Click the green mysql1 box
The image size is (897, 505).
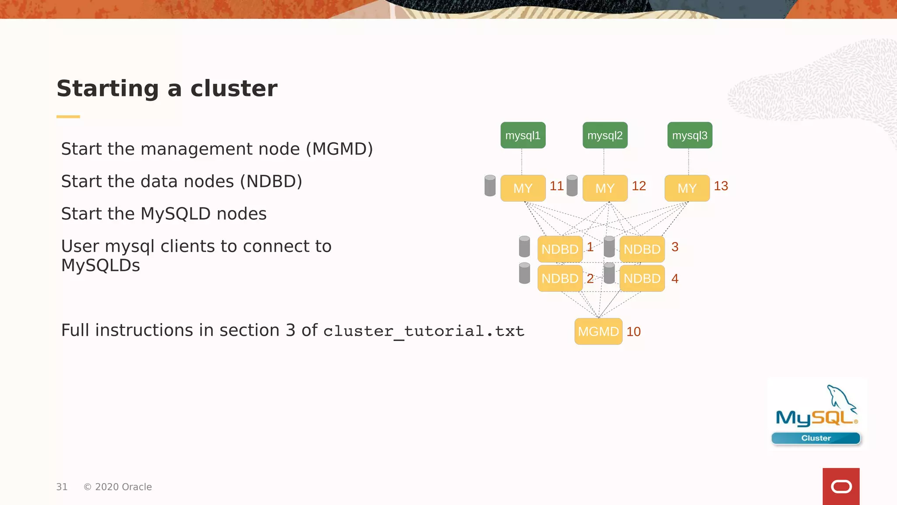coord(523,135)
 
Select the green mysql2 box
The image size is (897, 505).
coord(605,135)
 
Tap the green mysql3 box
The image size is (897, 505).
coord(690,135)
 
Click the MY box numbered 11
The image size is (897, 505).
coord(523,188)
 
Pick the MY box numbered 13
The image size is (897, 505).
coord(687,188)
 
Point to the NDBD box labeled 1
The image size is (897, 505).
coord(560,249)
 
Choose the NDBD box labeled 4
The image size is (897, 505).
coord(642,278)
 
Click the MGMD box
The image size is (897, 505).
coord(598,331)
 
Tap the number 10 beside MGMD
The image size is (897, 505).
coord(633,332)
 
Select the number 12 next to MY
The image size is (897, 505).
coord(639,186)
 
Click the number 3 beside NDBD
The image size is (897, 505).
coord(675,247)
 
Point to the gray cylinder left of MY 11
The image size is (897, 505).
coord(490,185)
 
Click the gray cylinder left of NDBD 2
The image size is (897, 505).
coord(524,273)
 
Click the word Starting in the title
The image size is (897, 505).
coord(108,89)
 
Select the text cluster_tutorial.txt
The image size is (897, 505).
coord(424,331)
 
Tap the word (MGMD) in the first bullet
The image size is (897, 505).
coord(339,149)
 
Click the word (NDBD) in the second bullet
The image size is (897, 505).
coord(271,181)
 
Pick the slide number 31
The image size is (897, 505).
coord(62,487)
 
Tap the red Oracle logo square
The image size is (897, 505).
coord(841,486)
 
